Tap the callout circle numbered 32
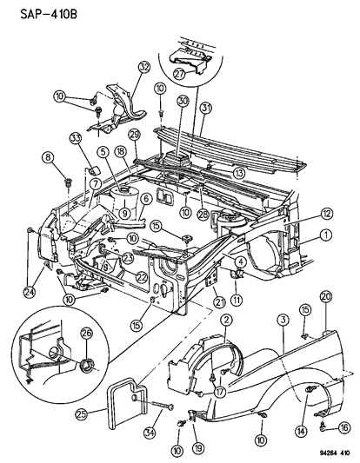[143, 67]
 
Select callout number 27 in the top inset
[180, 75]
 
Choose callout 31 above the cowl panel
[204, 108]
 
